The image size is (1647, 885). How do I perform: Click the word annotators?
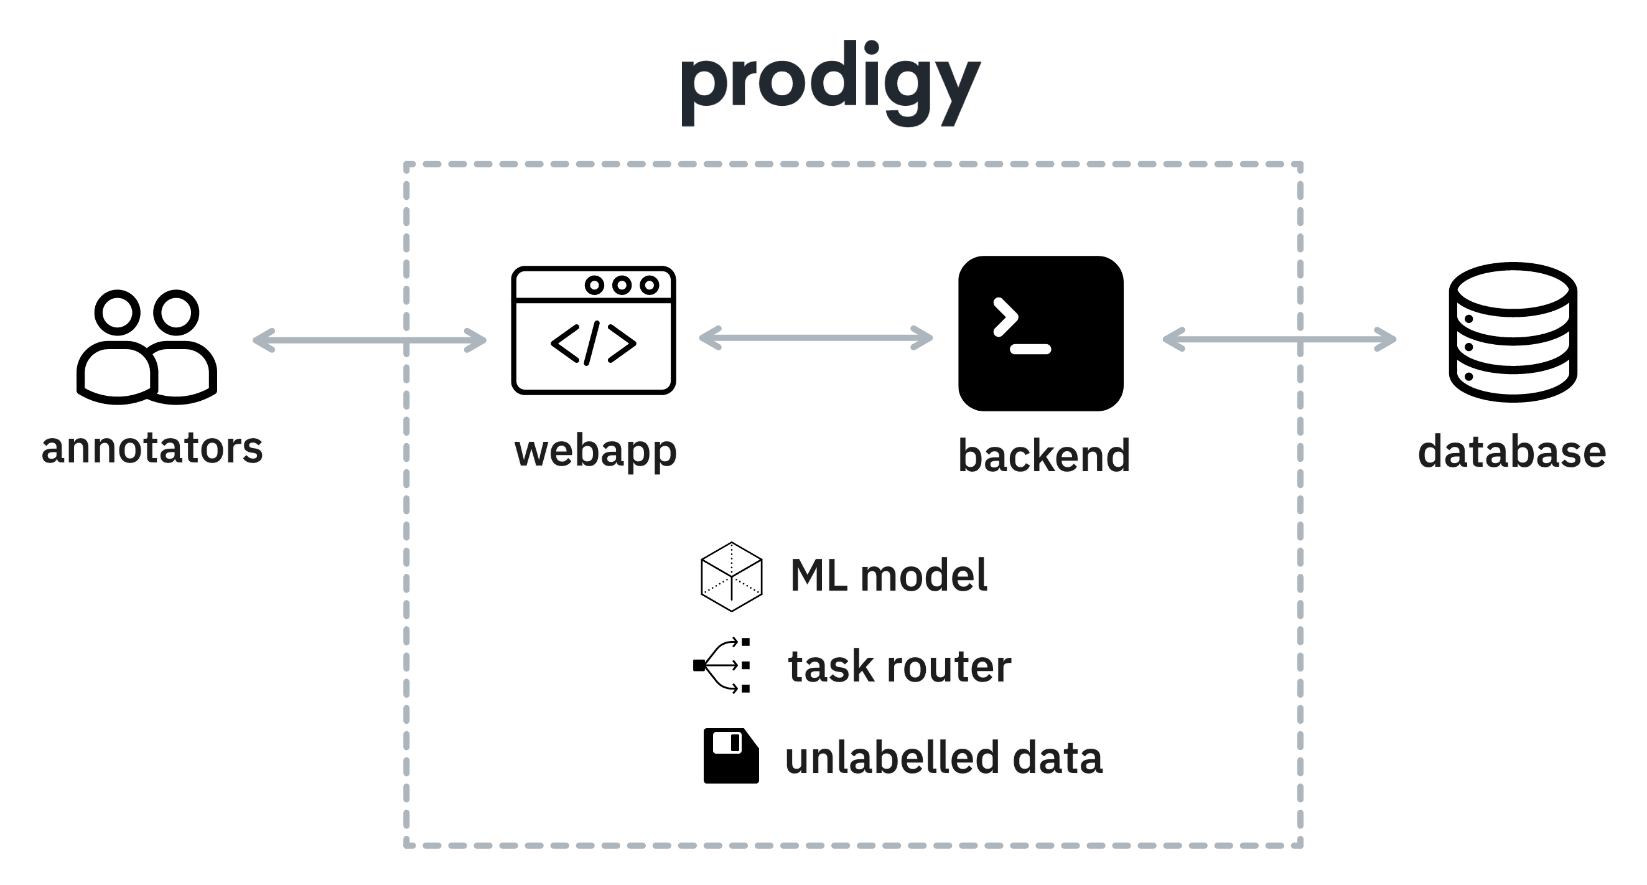tap(152, 448)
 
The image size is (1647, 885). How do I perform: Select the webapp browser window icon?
tap(594, 330)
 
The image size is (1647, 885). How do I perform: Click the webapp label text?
tap(595, 452)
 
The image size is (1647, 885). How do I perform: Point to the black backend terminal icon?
tap(1040, 333)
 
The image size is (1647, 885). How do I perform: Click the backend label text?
tap(1043, 456)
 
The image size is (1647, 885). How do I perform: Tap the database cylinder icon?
tap(1513, 332)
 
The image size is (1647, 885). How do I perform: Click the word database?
tap(1512, 451)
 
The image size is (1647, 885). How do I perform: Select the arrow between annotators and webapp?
tap(370, 340)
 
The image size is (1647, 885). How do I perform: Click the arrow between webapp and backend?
tap(815, 337)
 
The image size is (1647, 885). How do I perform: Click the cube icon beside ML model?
tap(732, 577)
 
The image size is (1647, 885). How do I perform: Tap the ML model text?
tap(889, 576)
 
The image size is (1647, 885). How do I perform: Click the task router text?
tap(899, 667)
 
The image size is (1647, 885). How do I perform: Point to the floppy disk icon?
tap(731, 756)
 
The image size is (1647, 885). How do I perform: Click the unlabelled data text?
tap(944, 758)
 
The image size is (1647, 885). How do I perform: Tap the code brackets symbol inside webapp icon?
tap(594, 344)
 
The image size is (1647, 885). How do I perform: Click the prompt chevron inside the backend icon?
tap(1005, 317)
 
